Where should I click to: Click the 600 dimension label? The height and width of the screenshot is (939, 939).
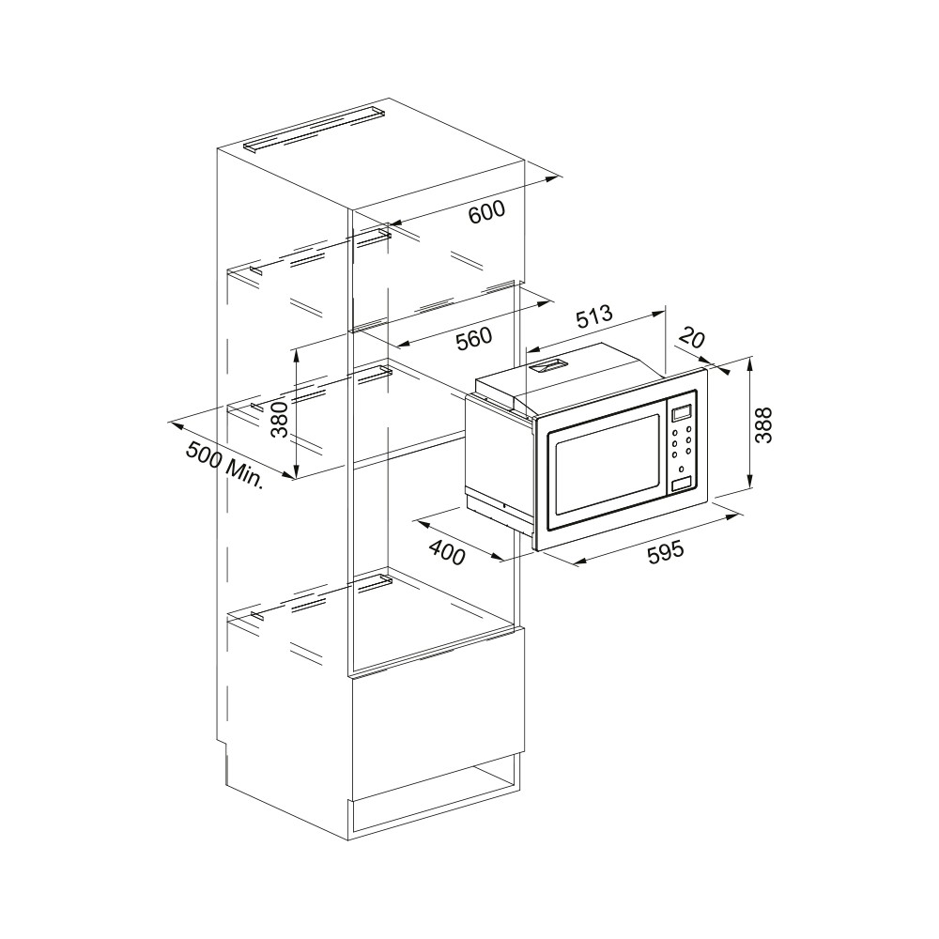coord(486,212)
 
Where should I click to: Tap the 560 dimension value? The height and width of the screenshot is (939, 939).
coord(473,339)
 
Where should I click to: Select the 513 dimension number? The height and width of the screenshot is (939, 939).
coord(594,318)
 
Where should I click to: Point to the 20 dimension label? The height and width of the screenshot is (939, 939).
coord(693,340)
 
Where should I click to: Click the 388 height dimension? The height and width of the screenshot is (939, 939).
coord(763,425)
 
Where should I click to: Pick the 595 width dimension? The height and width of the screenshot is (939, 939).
coord(666,550)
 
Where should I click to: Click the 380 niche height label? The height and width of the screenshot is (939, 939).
coord(279,419)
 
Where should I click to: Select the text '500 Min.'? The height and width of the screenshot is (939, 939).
coord(224,465)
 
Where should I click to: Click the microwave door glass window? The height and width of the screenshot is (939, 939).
coord(606,465)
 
